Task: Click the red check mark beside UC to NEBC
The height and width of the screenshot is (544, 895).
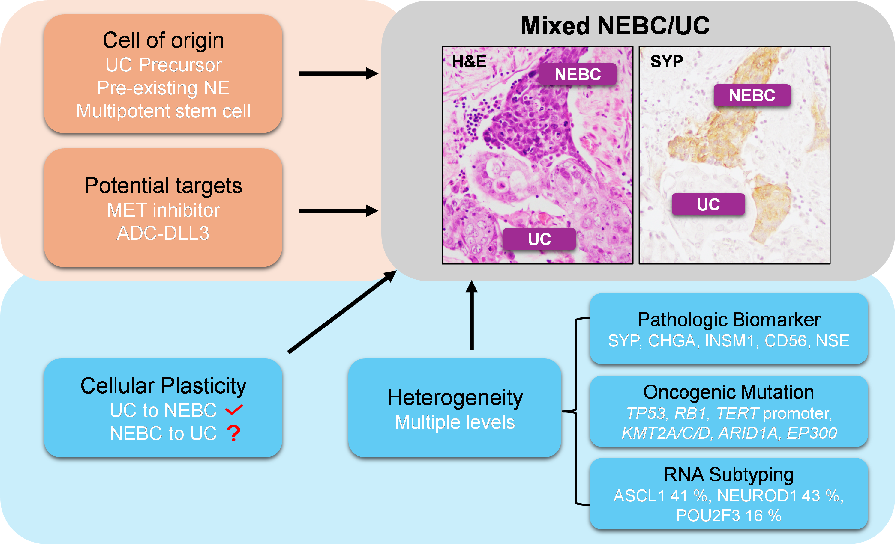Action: (x=234, y=410)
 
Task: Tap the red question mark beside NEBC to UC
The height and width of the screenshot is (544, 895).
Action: (x=233, y=433)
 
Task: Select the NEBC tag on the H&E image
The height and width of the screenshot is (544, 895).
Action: (x=578, y=74)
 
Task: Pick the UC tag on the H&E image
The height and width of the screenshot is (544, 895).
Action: (x=539, y=239)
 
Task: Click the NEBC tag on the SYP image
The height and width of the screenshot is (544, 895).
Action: (x=752, y=95)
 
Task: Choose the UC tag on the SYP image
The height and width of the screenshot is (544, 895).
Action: (x=708, y=204)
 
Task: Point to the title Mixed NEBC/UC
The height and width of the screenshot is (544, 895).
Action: (x=615, y=26)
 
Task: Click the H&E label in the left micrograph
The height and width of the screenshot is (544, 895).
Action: (x=469, y=61)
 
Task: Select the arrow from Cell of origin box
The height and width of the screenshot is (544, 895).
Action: (x=338, y=73)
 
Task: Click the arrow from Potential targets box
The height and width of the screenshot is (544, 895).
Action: (x=338, y=210)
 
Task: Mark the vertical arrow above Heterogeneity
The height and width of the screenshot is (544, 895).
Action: (x=471, y=315)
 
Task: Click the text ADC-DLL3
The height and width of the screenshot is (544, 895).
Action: (x=163, y=233)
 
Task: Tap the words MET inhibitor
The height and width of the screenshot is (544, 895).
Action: (x=164, y=210)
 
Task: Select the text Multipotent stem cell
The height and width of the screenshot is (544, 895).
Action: (x=163, y=111)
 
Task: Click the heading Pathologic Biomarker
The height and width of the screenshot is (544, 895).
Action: (x=729, y=320)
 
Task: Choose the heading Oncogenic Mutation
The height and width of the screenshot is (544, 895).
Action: (x=729, y=392)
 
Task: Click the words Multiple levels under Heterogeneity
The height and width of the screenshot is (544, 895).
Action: (x=455, y=422)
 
